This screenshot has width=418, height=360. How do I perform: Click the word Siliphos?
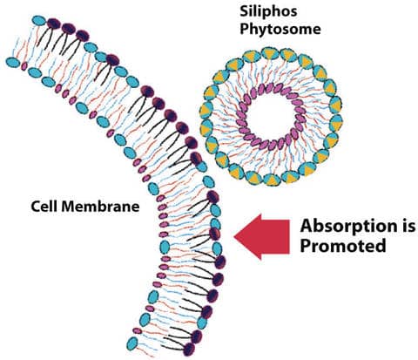pyautogui.click(x=268, y=12)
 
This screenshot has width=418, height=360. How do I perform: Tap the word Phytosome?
pyautogui.click(x=280, y=30)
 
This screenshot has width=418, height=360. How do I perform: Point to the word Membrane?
pyautogui.click(x=100, y=207)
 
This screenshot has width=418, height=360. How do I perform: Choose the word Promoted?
pyautogui.click(x=343, y=246)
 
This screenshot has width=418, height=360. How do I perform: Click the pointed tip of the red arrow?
pyautogui.click(x=234, y=236)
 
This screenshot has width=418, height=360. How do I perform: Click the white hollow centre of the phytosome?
pyautogui.click(x=272, y=116)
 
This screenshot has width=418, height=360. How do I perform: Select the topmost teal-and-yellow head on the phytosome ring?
pyautogui.click(x=269, y=54)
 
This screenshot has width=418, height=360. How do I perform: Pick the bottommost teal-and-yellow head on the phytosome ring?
pyautogui.click(x=273, y=180)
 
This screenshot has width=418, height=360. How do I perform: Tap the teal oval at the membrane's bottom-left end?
pyautogui.click(x=131, y=343)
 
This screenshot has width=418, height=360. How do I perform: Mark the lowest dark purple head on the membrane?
pyautogui.click(x=189, y=349)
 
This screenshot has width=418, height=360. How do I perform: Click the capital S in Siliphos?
pyautogui.click(x=245, y=10)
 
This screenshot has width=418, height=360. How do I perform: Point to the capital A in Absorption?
pyautogui.click(x=307, y=226)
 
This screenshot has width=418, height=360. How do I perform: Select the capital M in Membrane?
pyautogui.click(x=69, y=206)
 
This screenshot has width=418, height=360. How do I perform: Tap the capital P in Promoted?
pyautogui.click(x=306, y=246)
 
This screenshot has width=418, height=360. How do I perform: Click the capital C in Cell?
pyautogui.click(x=36, y=207)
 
